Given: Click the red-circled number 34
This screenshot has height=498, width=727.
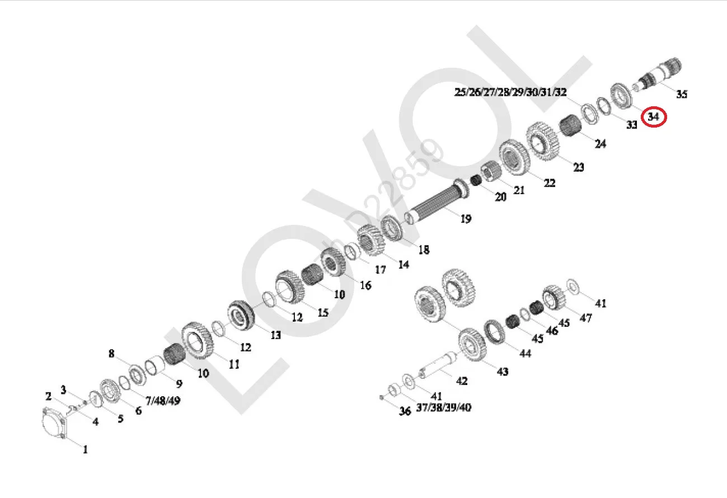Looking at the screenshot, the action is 653,117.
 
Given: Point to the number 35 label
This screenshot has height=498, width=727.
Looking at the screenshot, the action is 681,95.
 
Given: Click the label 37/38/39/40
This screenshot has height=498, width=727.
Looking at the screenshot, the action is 444,407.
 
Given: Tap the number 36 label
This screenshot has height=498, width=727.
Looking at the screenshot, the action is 405,411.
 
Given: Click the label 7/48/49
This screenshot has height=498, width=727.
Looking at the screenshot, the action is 163,401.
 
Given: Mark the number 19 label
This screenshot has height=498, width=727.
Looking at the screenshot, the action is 466,219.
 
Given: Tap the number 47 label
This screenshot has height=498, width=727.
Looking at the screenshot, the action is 585,318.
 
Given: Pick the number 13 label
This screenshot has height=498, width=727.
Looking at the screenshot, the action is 275,335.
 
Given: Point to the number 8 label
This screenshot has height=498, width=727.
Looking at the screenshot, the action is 111,354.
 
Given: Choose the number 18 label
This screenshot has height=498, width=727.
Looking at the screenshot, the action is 423,250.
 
